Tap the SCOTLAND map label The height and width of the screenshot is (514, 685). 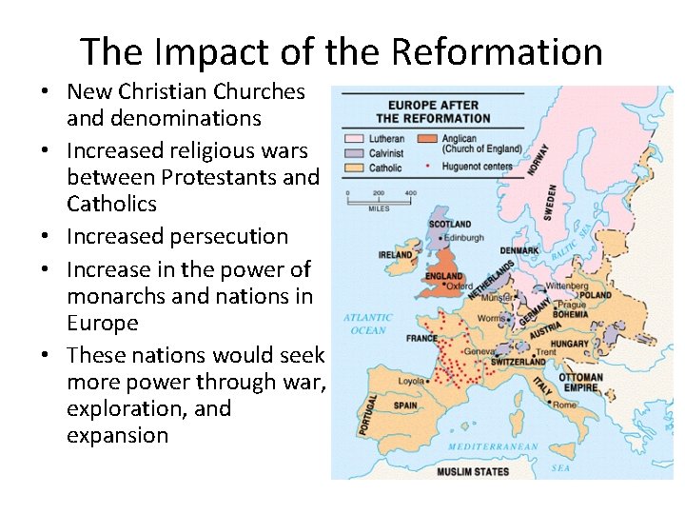[x=450, y=225]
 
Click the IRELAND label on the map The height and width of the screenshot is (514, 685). [x=395, y=255]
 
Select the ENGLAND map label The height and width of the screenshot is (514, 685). [x=444, y=276]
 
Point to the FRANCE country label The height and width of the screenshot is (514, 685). [x=421, y=338]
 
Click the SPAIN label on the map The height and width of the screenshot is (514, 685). [x=405, y=405]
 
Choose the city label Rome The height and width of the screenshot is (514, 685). [x=564, y=405]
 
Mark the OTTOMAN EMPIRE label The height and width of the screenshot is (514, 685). [x=581, y=383]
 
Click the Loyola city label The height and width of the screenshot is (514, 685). [x=412, y=380]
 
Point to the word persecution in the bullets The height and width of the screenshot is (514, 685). [x=234, y=236]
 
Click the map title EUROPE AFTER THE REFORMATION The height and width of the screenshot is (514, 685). [x=433, y=111]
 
